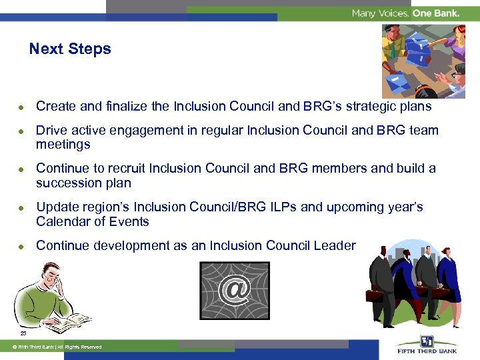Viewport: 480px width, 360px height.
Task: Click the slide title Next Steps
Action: click(x=70, y=49)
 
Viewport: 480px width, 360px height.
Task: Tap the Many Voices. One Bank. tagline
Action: click(x=405, y=13)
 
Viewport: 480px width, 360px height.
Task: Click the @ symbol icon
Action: click(x=235, y=290)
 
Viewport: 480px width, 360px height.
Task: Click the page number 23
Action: click(x=23, y=333)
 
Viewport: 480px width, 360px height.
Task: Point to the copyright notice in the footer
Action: click(x=54, y=347)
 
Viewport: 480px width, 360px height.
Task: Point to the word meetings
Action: click(x=63, y=145)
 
